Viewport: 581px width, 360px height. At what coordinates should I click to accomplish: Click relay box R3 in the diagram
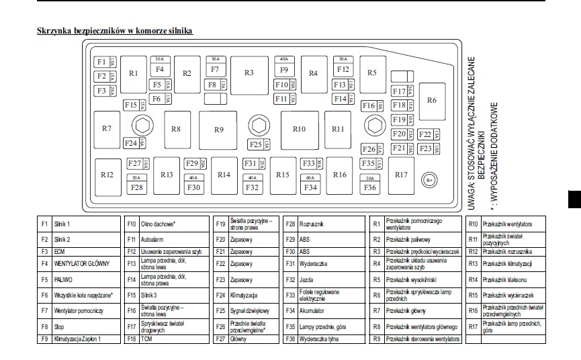249,73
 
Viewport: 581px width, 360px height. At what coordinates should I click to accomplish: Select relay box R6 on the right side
431,100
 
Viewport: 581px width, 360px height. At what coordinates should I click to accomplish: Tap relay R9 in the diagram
219,129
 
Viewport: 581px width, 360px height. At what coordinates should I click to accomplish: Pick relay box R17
401,175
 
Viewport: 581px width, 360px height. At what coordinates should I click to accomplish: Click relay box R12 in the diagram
107,175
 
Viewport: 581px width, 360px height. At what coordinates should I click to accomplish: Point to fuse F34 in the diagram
310,187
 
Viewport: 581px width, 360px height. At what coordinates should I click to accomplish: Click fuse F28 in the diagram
137,187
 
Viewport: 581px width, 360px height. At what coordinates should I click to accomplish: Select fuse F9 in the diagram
284,69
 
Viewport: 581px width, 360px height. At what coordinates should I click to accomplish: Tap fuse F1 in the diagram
101,62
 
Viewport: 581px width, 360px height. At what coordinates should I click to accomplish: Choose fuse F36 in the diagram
370,187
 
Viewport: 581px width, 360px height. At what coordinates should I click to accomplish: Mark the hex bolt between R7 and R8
142,124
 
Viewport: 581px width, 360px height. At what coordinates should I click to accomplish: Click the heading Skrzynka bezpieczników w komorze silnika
115,32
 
